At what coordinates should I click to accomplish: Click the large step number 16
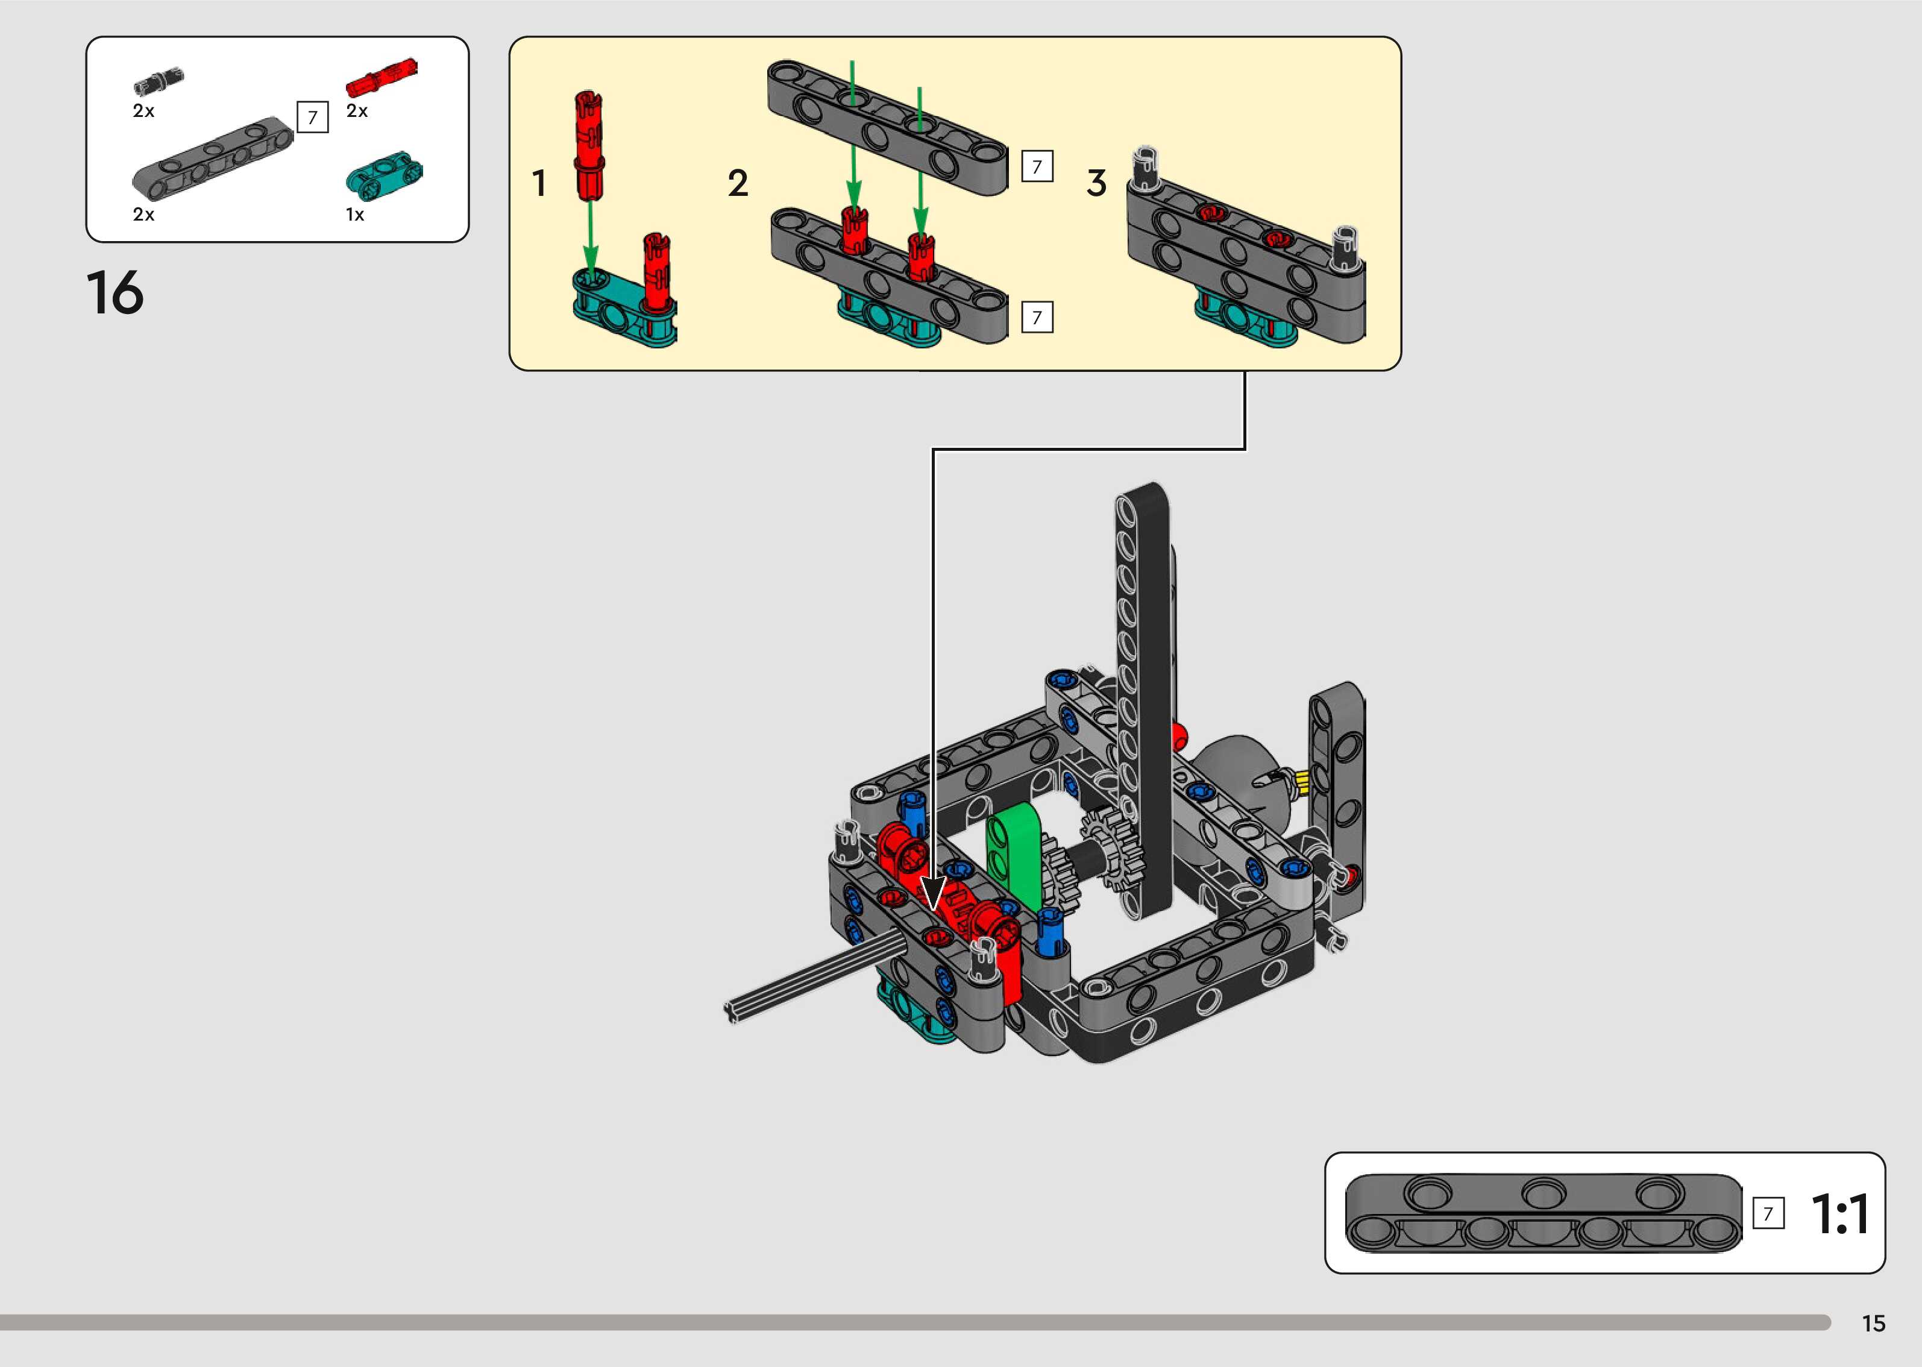tap(115, 293)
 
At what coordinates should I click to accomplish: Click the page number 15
tap(1873, 1323)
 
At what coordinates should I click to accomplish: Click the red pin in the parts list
tap(382, 77)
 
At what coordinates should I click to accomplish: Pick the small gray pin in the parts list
tap(158, 81)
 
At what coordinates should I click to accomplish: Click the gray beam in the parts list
tap(213, 154)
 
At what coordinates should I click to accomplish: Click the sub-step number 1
tap(539, 183)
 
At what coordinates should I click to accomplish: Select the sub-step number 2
tap(737, 183)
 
